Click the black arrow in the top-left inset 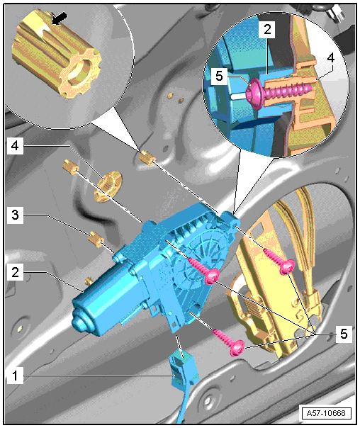pos(60,18)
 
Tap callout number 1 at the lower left pos(15,376)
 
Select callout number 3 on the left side pos(15,215)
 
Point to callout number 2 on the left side pos(15,272)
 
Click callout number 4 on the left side pos(15,146)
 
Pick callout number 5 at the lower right pos(344,334)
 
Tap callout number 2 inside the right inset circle pos(267,29)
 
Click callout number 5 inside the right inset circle pos(219,76)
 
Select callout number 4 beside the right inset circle pos(330,58)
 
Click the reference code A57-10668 pos(325,412)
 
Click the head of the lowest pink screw pos(237,348)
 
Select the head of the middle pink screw pos(212,276)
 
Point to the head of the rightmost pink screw pos(287,266)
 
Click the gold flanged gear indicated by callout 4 pos(108,186)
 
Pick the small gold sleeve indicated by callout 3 pos(96,239)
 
